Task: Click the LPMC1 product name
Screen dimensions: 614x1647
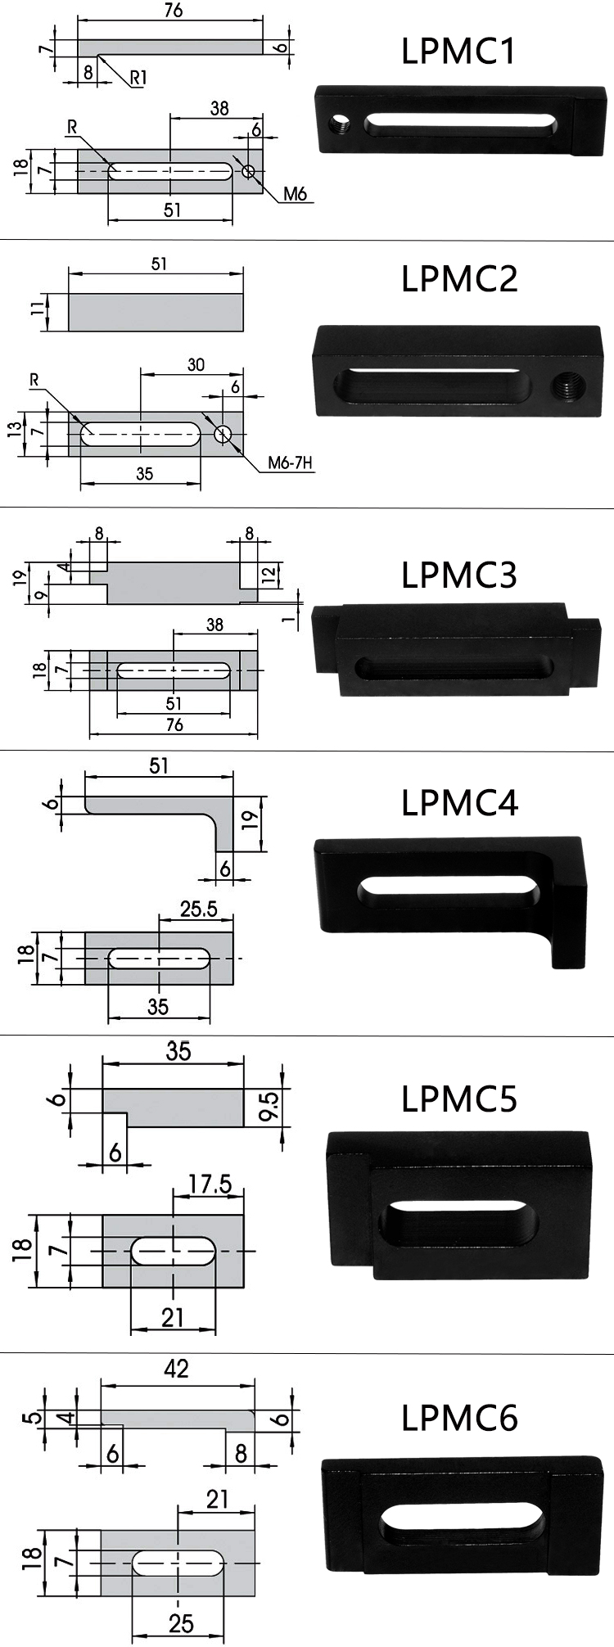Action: coord(458,51)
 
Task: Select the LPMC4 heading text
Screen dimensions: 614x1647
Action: coord(459,803)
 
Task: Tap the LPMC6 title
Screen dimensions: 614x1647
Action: coord(459,1417)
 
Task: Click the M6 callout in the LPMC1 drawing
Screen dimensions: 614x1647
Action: coord(295,194)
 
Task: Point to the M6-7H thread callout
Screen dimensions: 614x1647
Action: coord(291,463)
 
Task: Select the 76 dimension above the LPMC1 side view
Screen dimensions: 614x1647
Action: coord(173,11)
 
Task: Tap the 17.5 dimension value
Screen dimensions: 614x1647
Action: coord(210,1184)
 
